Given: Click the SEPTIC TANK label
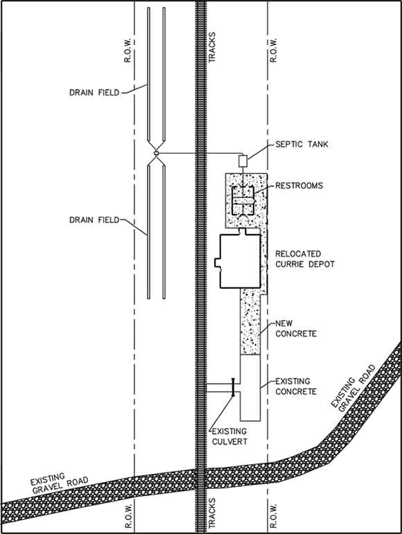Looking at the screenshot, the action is point(301,144).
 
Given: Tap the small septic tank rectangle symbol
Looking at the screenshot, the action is point(243,161).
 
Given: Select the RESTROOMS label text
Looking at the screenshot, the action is point(299,186).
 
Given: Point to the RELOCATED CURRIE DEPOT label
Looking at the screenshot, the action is point(304,259).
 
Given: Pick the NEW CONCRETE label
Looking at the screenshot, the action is point(296,328).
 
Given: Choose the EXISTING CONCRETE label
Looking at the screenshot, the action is point(296,386).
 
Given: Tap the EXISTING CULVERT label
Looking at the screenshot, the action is point(229,436).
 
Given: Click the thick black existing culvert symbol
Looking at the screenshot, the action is point(233,388).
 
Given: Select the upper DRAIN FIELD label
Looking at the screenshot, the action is point(94,93).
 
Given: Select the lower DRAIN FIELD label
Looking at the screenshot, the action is point(94,220).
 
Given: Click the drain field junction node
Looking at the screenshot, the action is point(156,153).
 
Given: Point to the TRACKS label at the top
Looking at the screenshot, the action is point(212,47).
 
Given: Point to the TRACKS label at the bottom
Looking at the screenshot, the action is point(212,513).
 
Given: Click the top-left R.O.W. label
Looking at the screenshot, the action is point(128,50).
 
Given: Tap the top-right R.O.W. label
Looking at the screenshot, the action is point(273,50).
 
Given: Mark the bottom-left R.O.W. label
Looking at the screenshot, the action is point(128,515).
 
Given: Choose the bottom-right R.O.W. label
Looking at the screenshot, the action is point(273,515).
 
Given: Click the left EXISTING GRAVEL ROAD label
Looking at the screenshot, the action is point(58,483).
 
